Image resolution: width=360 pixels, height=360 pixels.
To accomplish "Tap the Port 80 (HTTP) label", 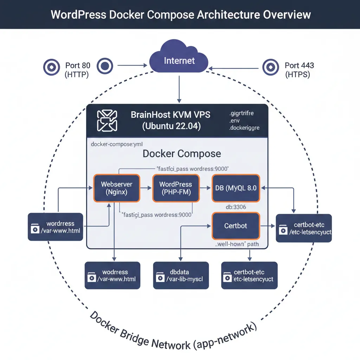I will [x=78, y=70].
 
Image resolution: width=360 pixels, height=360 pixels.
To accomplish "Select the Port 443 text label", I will [x=299, y=65].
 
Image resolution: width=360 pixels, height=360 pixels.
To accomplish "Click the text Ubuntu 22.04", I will [x=172, y=126].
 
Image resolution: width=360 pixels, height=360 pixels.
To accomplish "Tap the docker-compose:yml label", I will [x=116, y=144].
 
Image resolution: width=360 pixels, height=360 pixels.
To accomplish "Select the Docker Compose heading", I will [x=181, y=154].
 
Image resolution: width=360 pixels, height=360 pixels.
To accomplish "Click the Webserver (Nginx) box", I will [x=116, y=188].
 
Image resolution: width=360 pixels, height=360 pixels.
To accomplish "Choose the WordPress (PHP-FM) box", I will [x=175, y=188].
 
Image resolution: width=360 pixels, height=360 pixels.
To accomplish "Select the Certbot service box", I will [x=236, y=225].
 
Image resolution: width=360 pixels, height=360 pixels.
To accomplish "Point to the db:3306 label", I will [x=236, y=207].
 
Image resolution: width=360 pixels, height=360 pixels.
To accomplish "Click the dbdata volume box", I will [x=181, y=275].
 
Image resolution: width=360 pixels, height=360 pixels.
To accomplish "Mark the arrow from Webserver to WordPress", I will [x=146, y=188].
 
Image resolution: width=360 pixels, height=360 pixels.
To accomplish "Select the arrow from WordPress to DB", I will [x=205, y=188].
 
